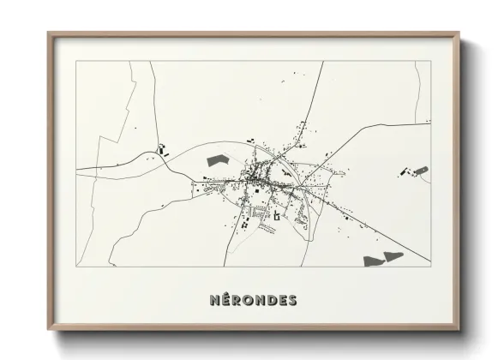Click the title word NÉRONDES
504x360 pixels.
pos(254,300)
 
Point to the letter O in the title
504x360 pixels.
pos(251,300)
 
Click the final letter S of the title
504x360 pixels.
pos(294,300)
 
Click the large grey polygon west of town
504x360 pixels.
pos(218,159)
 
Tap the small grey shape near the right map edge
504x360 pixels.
pos(420,170)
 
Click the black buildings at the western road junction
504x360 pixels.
pos(161,149)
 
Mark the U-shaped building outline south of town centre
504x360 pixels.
pos(276,218)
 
